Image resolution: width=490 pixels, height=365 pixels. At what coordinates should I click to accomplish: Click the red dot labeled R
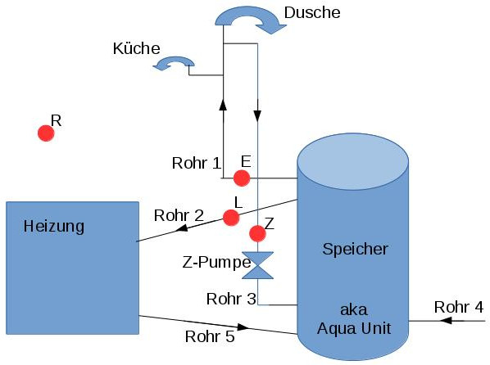[46, 133]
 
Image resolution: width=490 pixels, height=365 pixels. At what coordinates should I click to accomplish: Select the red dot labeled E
[242, 178]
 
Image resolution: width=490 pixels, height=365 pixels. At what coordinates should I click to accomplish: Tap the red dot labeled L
[231, 218]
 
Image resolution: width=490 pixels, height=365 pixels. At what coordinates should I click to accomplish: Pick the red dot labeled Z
[258, 233]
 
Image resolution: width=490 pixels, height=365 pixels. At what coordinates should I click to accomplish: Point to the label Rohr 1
[197, 162]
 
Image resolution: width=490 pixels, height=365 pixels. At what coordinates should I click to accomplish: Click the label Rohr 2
[179, 215]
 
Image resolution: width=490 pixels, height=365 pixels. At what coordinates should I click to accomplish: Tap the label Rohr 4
[459, 307]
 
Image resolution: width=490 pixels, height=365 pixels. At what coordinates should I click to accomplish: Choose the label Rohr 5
[210, 336]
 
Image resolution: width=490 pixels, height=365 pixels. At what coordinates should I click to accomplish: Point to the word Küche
[136, 48]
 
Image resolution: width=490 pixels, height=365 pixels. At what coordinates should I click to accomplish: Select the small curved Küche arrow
[175, 62]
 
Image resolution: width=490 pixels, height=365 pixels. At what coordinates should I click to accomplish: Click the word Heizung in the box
[54, 225]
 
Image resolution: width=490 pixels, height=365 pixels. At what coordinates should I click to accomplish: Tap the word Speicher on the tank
[355, 248]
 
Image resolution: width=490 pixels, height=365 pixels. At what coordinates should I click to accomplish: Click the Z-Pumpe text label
[216, 264]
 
